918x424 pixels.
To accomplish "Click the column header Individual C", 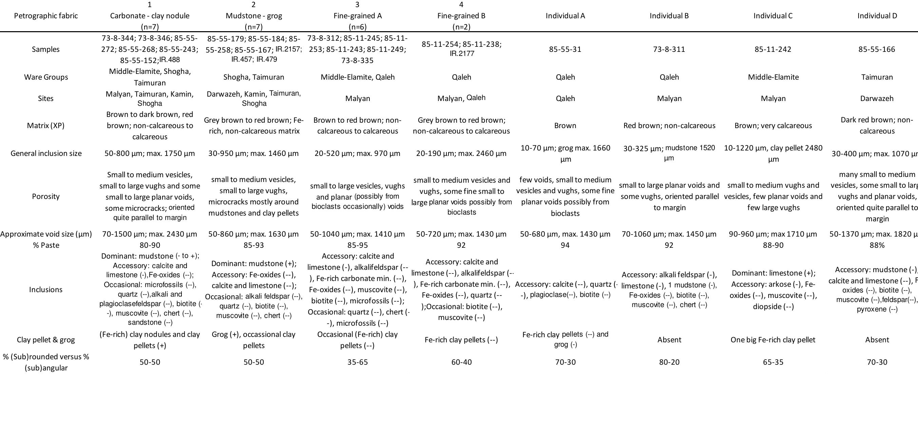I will [773, 16].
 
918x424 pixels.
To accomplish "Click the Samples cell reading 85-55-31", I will [565, 49].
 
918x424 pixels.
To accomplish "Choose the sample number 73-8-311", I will [669, 49].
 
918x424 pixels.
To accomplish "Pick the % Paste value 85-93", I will [253, 245].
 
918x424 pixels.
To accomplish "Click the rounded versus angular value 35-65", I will [358, 362].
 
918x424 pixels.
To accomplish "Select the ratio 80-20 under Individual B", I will [669, 362].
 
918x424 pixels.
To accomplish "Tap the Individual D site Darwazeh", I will [877, 99].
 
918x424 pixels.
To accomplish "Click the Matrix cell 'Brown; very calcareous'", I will [773, 126].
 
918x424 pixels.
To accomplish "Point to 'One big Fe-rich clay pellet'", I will [772, 340].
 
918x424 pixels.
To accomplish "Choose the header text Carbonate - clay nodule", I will [150, 16].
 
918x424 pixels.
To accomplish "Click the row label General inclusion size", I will [46, 154].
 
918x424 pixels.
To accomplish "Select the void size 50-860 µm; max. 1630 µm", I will [253, 234].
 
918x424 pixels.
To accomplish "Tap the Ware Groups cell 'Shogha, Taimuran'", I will [253, 77].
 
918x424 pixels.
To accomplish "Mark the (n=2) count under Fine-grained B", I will [461, 27].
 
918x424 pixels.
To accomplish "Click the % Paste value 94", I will [565, 245].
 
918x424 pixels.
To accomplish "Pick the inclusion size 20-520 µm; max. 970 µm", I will [358, 154].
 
